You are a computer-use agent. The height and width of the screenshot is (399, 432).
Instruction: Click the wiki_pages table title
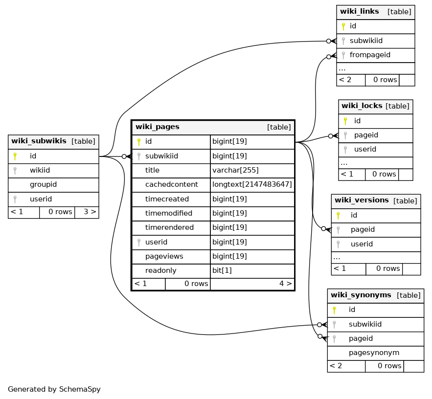[x=158, y=127]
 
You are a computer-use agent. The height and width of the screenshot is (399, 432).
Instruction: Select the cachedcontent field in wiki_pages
[x=171, y=184]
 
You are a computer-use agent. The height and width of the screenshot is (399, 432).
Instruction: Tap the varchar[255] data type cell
[x=235, y=170]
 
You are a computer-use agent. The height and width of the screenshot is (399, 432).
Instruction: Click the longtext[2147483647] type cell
[x=252, y=184]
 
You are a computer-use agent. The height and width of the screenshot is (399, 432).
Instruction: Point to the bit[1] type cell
[x=222, y=270]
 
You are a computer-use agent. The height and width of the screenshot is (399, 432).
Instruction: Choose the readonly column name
[x=160, y=270]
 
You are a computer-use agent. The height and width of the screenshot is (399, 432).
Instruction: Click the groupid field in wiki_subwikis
[x=43, y=184]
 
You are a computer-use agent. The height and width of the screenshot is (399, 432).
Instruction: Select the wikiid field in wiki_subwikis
[x=40, y=170]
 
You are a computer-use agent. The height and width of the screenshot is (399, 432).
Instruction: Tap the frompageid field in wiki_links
[x=370, y=55]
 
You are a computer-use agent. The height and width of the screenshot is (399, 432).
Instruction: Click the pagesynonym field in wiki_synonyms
[x=374, y=353]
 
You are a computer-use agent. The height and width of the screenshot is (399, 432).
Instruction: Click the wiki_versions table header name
[x=362, y=200]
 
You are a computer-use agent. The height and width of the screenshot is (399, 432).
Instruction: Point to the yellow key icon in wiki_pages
[x=139, y=142]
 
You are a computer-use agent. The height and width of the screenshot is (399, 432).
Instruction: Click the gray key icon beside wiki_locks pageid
[x=345, y=135]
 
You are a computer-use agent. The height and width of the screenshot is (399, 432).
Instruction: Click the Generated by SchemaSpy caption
[x=54, y=389]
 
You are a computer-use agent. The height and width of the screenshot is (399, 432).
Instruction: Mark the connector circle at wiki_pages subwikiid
[x=124, y=156]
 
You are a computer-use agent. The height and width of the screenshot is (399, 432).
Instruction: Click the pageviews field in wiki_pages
[x=164, y=256]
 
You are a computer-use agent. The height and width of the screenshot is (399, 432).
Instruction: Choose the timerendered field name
[x=169, y=227]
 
